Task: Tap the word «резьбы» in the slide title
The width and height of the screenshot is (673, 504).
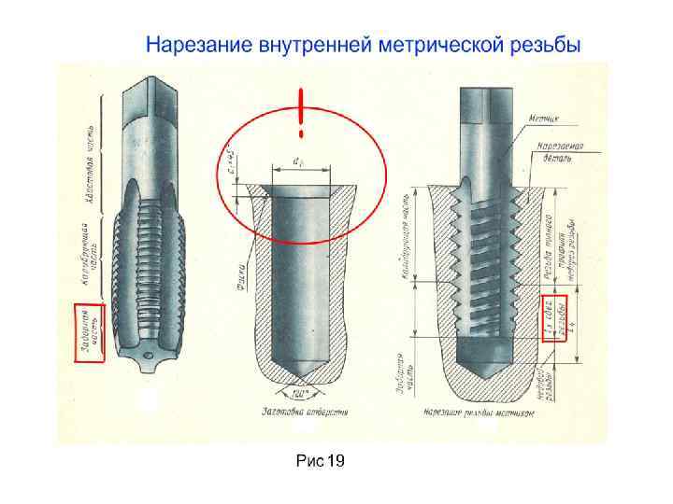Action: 540,44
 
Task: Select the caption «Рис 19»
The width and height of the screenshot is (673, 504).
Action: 320,460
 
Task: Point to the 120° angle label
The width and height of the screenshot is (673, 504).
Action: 299,393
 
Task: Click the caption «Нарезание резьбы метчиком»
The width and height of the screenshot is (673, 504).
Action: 478,412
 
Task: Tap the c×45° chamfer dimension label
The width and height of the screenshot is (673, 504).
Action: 229,160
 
